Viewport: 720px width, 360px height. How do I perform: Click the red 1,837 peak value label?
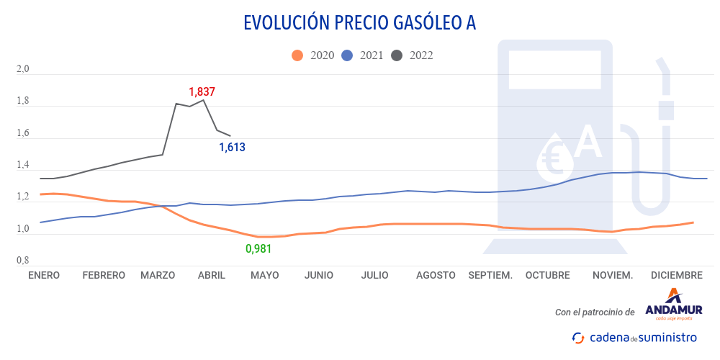pyautogui.click(x=202, y=92)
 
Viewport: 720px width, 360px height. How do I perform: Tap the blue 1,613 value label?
pyautogui.click(x=232, y=148)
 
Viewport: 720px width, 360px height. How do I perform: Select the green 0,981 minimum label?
pyautogui.click(x=258, y=248)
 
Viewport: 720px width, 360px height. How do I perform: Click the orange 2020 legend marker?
pyautogui.click(x=297, y=55)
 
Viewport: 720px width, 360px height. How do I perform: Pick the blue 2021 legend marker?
pyautogui.click(x=347, y=55)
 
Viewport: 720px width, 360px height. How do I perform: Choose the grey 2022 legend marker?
pyautogui.click(x=397, y=55)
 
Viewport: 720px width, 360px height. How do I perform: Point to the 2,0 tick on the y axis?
pyautogui.click(x=22, y=70)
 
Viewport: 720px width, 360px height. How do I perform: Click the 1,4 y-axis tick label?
pyautogui.click(x=22, y=166)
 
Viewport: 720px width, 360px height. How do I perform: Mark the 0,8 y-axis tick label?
pyautogui.click(x=22, y=261)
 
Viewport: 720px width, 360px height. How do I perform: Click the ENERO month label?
pyautogui.click(x=44, y=275)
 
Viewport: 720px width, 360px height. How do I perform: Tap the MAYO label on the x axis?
pyautogui.click(x=264, y=275)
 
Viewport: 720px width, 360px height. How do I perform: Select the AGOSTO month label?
pyautogui.click(x=436, y=275)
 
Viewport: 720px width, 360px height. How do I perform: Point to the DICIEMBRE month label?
pyautogui.click(x=676, y=275)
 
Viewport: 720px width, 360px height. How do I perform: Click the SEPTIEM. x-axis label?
pyautogui.click(x=490, y=275)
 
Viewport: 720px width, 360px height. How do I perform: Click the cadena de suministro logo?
pyautogui.click(x=634, y=337)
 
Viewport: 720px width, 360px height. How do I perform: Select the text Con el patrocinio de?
pyautogui.click(x=595, y=312)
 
